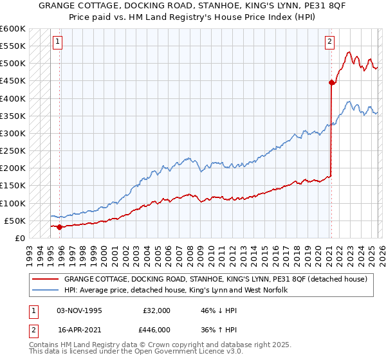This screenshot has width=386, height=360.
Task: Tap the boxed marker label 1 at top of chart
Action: [57, 42]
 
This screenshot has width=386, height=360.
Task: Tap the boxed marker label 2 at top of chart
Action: [329, 42]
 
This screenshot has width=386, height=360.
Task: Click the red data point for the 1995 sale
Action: [59, 226]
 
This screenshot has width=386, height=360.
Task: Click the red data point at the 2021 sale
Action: [332, 82]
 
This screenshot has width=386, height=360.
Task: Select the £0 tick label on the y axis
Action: [19, 238]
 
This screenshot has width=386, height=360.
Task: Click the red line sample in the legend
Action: [45, 279]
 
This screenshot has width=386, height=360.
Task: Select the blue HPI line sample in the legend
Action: [45, 290]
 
